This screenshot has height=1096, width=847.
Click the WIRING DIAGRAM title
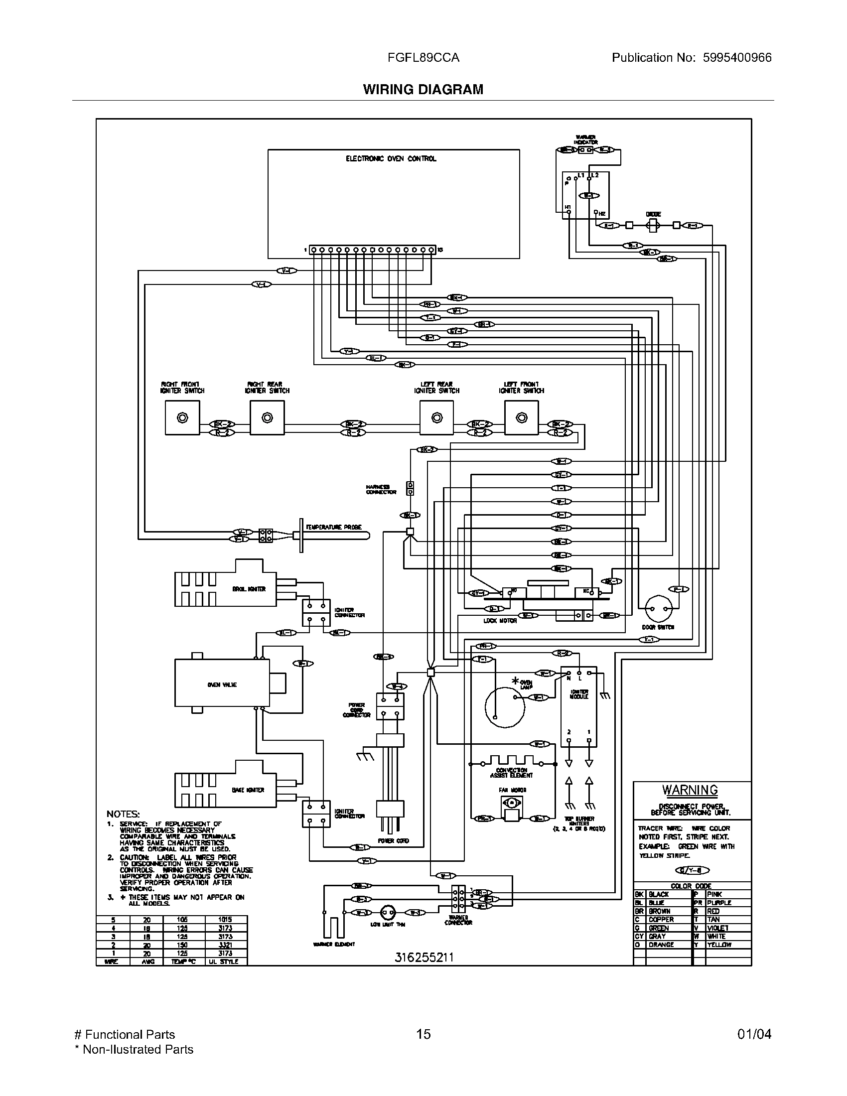(x=423, y=89)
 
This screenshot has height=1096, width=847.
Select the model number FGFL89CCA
(x=423, y=58)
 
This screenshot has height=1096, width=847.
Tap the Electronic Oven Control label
(x=391, y=158)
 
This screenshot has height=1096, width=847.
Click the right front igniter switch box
(x=182, y=418)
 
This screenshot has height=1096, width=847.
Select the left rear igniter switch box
(x=436, y=418)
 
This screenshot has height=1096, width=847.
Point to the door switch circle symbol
(x=658, y=609)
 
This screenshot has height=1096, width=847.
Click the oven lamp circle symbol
(x=504, y=706)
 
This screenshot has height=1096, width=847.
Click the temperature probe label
(x=334, y=527)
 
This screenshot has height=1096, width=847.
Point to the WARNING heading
(x=690, y=791)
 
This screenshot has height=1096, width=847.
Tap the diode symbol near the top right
(x=653, y=225)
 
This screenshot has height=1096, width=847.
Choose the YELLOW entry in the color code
(x=718, y=945)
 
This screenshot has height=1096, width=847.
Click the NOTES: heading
(x=123, y=814)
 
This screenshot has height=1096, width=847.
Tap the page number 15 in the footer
(x=423, y=1034)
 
